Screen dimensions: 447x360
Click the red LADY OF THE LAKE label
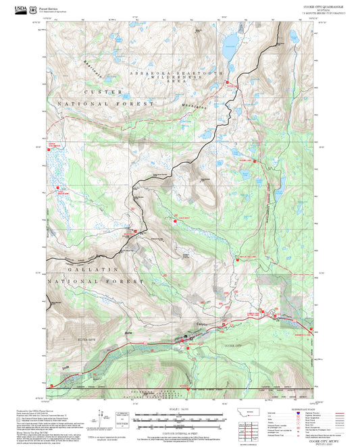tap(247, 257)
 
